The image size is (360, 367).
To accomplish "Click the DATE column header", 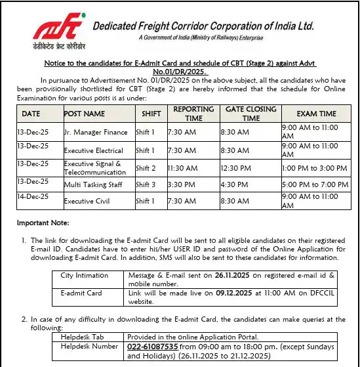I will [31, 114].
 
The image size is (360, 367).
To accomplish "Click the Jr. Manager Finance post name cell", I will [96, 133].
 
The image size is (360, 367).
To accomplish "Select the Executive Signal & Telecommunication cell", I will [95, 167].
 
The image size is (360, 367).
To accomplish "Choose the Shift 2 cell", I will [146, 168].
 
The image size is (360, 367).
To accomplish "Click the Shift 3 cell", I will [146, 184].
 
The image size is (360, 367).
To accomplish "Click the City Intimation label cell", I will [85, 276].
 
